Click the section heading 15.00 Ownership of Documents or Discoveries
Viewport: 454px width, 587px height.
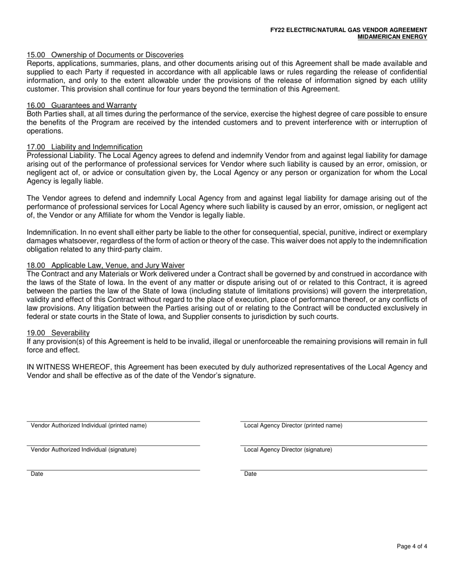[105, 55]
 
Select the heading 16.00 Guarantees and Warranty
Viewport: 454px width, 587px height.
[82, 105]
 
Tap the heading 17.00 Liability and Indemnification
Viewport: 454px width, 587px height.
[85, 147]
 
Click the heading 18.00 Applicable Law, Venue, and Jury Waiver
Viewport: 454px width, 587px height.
[106, 265]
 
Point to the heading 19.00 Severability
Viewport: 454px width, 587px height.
[58, 333]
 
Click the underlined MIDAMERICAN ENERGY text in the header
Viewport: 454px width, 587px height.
[392, 37]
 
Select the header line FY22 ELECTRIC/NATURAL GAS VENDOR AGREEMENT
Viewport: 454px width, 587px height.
[348, 30]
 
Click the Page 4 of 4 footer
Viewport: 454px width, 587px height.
[412, 546]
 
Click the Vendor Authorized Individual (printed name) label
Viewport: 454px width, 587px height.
[88, 426]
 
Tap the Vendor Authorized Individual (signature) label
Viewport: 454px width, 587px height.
[84, 450]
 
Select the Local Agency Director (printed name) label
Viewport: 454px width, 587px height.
[293, 426]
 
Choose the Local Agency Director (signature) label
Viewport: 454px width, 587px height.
[288, 450]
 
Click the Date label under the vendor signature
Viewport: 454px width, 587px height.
[37, 474]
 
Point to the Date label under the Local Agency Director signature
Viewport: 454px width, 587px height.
[250, 474]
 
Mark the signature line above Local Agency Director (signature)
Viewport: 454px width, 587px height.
[334, 445]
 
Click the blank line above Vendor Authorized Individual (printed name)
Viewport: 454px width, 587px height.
[113, 421]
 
